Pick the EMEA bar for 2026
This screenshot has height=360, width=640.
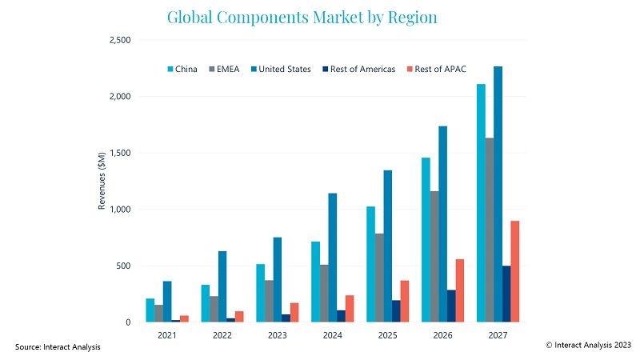[434, 256]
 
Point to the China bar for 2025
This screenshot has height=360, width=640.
[370, 264]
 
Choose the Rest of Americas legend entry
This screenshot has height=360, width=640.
[361, 69]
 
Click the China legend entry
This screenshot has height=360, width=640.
[182, 69]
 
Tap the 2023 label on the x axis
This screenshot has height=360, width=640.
[277, 335]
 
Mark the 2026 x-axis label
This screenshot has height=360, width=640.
[442, 335]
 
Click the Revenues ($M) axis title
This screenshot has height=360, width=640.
[102, 181]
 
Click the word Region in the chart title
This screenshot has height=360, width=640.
[408, 16]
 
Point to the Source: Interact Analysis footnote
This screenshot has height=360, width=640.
[58, 346]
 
